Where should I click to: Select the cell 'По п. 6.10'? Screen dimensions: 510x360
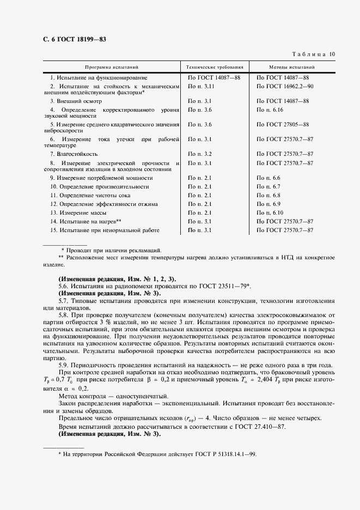[x=270, y=212]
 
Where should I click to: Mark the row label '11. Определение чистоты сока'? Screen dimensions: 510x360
[x=89, y=195]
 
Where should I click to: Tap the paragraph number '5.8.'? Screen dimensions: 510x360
[x=64, y=314]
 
